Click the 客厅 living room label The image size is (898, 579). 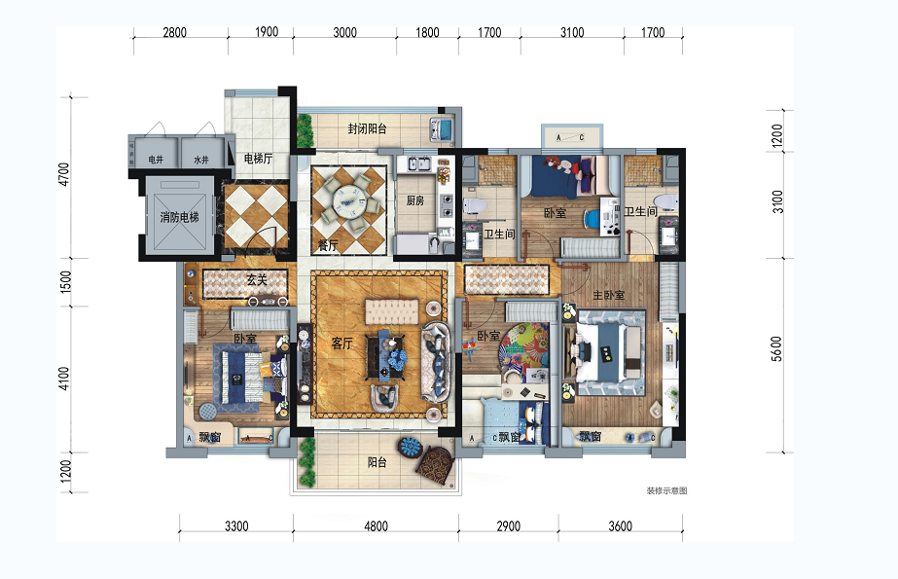tap(341, 344)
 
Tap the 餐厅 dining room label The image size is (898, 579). tap(328, 246)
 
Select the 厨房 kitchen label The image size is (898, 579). tap(415, 200)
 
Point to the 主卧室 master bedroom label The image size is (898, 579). tap(608, 295)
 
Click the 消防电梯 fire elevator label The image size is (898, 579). tap(179, 217)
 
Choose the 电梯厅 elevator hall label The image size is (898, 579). tap(258, 158)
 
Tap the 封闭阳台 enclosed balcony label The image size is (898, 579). tap(367, 128)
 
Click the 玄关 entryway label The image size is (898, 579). tap(257, 280)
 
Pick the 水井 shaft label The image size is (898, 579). tap(201, 161)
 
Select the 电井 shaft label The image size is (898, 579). tap(156, 160)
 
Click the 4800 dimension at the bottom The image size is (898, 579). tap(376, 525)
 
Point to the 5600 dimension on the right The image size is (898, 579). tap(776, 348)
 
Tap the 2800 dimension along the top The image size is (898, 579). tap(174, 32)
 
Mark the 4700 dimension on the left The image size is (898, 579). tap(63, 175)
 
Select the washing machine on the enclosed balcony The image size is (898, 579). tap(442, 128)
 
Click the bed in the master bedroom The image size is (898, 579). tap(610, 351)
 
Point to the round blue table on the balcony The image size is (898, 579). tap(411, 446)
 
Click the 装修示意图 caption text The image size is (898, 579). tap(666, 490)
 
